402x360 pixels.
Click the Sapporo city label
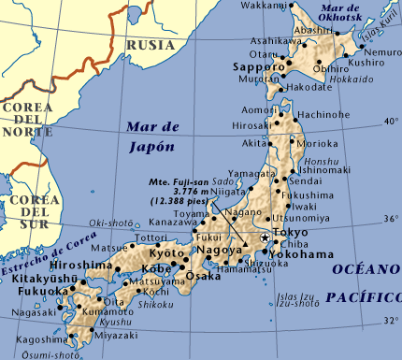tap(256, 69)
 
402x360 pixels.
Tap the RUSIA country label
tap(151, 44)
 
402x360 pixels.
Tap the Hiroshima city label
tap(92, 266)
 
